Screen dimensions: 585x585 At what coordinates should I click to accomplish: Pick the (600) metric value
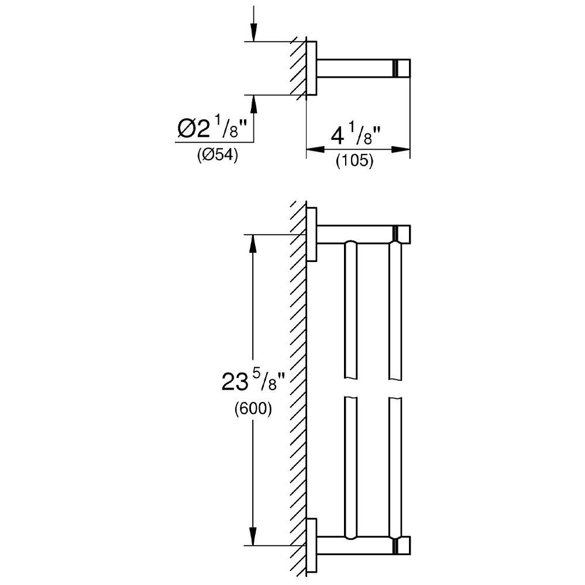[x=253, y=409]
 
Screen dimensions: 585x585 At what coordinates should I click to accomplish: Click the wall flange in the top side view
[x=312, y=68]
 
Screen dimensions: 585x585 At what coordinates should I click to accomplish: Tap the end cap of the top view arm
[x=402, y=68]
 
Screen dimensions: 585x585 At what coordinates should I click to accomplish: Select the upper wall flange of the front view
[x=312, y=234]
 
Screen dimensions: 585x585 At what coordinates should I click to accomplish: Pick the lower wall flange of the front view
[x=312, y=545]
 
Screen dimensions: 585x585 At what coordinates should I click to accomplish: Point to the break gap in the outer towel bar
[x=395, y=390]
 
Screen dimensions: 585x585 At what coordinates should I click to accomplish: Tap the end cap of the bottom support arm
[x=402, y=545]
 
